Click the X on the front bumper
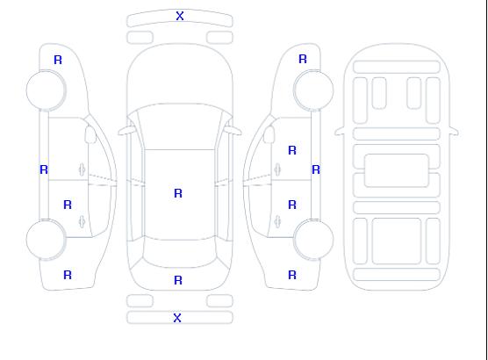[180, 16]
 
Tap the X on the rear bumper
[177, 318]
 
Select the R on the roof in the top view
[178, 193]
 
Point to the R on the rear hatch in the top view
[178, 280]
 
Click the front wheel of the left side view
[46, 90]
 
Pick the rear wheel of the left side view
[46, 240]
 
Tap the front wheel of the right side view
[313, 90]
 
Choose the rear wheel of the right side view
[313, 240]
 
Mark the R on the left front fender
[58, 60]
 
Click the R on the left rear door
[68, 205]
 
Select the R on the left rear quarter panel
[68, 275]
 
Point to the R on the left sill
[44, 169]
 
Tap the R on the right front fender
[303, 59]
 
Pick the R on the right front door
[292, 150]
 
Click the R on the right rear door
[292, 205]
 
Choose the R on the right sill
[316, 169]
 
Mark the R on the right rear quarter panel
[292, 275]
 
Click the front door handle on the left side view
[82, 169]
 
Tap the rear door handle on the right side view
[277, 221]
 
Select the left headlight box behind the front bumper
[140, 38]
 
